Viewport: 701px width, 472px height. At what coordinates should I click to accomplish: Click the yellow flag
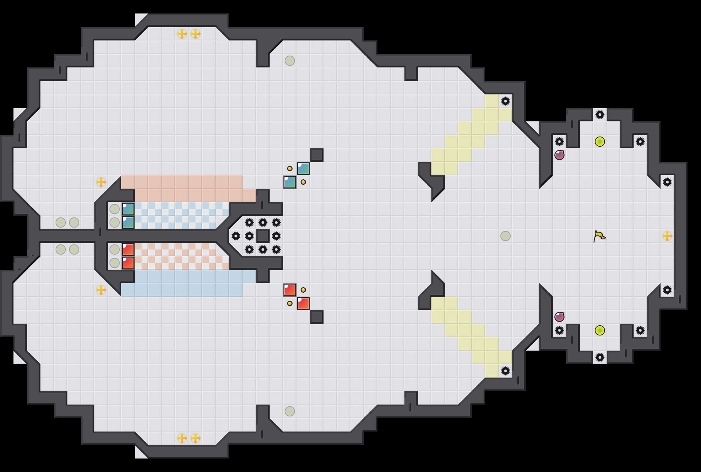tap(599, 236)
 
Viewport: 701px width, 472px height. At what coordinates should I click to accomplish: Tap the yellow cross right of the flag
tap(667, 236)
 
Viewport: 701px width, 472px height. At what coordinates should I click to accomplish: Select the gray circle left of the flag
tap(506, 236)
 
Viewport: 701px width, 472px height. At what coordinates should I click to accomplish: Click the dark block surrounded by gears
tap(263, 236)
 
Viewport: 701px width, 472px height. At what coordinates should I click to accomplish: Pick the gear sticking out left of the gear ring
tap(236, 236)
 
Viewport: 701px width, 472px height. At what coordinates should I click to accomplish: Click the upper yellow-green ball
tap(600, 142)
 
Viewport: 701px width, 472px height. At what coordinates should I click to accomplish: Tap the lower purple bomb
tap(559, 317)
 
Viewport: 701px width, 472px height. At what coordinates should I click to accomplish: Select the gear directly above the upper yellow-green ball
tap(600, 115)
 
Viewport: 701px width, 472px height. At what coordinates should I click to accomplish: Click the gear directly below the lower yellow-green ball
tap(600, 357)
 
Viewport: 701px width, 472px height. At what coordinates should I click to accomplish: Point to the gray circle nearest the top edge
tap(290, 61)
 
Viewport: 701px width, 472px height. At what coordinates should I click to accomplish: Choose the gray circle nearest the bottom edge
tap(290, 411)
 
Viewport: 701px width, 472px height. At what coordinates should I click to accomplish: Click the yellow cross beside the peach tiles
tap(101, 182)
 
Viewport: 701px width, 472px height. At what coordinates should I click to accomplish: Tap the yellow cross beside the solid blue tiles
tap(101, 290)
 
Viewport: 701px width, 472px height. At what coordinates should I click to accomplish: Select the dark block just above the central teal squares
tap(317, 155)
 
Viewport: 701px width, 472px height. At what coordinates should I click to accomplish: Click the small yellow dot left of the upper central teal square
tap(290, 169)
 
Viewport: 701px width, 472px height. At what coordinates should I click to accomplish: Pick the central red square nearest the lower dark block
tap(303, 303)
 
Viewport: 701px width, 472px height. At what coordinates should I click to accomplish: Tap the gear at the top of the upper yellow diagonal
tap(506, 101)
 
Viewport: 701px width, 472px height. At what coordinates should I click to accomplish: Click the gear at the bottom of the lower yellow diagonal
tap(506, 371)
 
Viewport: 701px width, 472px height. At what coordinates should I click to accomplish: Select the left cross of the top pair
tap(182, 34)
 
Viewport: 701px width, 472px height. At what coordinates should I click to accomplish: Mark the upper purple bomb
tap(559, 155)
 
